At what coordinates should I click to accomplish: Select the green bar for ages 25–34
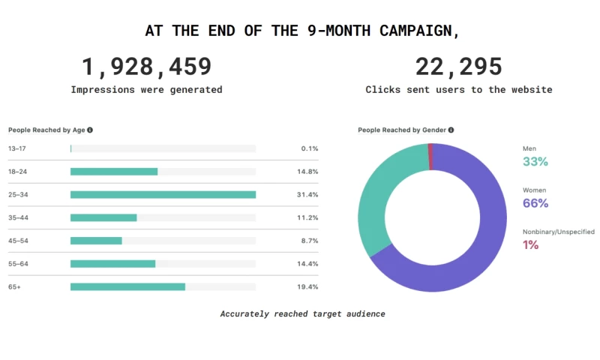click(163, 194)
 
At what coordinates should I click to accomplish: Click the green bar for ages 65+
click(127, 286)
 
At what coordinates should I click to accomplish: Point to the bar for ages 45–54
click(96, 241)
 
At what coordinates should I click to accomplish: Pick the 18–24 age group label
click(17, 172)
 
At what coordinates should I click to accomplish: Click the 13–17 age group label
click(17, 148)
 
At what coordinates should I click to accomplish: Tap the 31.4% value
click(309, 195)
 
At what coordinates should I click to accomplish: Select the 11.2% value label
click(309, 217)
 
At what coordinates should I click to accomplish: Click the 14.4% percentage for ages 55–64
click(309, 264)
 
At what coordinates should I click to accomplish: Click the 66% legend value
click(535, 203)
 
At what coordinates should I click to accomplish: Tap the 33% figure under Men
click(535, 161)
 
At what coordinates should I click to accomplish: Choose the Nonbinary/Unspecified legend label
click(558, 232)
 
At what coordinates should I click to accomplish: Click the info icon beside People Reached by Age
click(90, 130)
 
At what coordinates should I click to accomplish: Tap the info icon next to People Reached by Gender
click(451, 130)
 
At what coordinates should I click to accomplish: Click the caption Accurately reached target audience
click(302, 313)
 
